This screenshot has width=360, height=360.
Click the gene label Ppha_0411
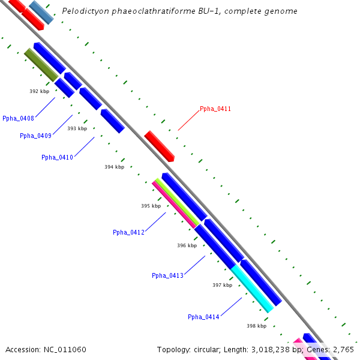pos(215,109)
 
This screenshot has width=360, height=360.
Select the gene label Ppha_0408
pos(18,118)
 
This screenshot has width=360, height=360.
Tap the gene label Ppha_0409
pos(35,136)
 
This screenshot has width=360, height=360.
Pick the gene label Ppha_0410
pos(57,157)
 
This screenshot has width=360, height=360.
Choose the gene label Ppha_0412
pos(128,232)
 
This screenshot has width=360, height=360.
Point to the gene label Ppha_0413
pos(167,275)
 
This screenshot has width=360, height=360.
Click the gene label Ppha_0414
pos(203,317)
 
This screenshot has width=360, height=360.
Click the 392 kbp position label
pos(39,91)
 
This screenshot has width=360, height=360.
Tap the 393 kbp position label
pos(77,128)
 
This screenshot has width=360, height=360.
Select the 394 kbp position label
pos(114,167)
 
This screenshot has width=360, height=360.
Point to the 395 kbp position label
pos(151,206)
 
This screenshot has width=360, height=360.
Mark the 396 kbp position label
pos(187,245)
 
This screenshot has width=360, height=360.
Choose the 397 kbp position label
pos(222,285)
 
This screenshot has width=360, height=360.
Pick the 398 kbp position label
pos(256,326)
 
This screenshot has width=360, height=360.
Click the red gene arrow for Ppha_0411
pos(159,146)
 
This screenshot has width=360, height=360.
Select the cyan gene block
pos(252,289)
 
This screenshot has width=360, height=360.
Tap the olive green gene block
pos(41,65)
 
